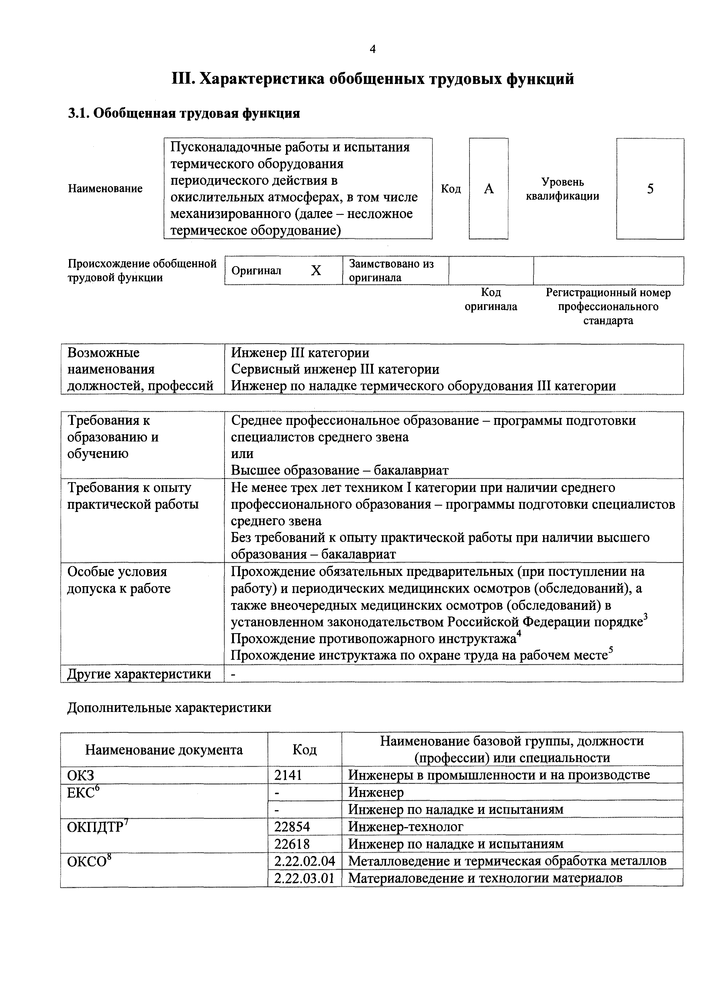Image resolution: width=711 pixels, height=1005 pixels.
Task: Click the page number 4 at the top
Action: [373, 50]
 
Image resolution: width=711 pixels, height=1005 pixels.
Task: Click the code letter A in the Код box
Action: [489, 189]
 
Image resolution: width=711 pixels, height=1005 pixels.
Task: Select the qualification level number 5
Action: [650, 189]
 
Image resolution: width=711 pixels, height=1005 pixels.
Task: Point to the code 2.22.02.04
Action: [304, 861]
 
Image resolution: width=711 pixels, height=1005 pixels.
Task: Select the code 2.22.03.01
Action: [304, 878]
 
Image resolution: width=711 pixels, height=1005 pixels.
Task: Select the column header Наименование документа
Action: [164, 750]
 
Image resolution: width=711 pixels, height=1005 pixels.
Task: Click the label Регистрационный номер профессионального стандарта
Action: [608, 307]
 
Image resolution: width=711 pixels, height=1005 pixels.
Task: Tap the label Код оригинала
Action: [491, 299]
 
